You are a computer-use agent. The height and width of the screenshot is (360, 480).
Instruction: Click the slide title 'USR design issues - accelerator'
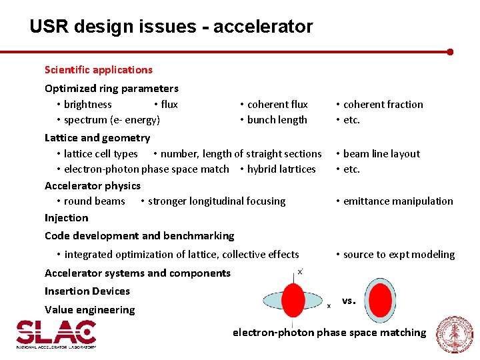171,27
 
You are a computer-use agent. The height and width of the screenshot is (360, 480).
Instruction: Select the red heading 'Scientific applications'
98,70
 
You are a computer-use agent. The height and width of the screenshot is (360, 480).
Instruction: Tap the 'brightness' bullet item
87,105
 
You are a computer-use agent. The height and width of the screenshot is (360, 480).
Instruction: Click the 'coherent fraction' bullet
383,105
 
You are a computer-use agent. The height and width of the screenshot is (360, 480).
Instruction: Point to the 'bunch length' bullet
277,120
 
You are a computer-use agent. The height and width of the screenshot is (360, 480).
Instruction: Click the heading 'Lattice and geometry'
97,138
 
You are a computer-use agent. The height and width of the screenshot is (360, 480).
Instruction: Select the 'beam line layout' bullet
381,154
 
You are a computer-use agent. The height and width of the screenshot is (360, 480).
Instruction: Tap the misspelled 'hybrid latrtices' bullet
281,169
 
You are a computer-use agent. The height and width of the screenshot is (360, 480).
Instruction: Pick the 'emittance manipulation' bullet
397,201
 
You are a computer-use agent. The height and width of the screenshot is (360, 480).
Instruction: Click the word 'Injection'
66,218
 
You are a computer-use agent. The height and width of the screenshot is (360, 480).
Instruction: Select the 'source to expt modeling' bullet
398,255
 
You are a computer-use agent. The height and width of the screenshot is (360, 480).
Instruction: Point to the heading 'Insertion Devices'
87,291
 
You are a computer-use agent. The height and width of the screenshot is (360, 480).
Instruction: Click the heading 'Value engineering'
89,310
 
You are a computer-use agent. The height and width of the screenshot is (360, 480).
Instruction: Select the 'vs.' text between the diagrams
349,301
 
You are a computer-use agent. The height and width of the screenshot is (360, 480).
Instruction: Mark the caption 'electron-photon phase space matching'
329,333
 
